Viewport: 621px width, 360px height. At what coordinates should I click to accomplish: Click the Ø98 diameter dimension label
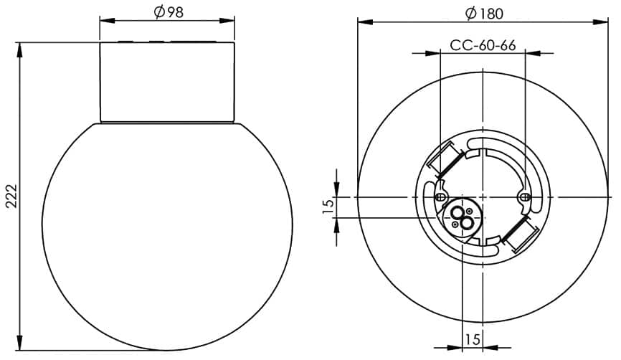[169, 12]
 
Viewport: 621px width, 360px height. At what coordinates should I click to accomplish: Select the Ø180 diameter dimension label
[484, 14]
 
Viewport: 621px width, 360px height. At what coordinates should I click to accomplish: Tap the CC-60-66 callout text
[483, 46]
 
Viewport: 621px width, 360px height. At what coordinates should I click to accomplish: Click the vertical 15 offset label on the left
[328, 207]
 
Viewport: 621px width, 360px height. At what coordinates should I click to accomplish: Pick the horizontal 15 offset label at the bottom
[473, 339]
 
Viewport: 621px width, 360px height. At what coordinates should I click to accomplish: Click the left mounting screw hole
[440, 196]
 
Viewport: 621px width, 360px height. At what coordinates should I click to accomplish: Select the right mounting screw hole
[525, 196]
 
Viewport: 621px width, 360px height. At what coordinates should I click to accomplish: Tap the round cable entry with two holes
[462, 217]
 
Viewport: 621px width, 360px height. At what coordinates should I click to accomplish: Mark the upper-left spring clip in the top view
[445, 159]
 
